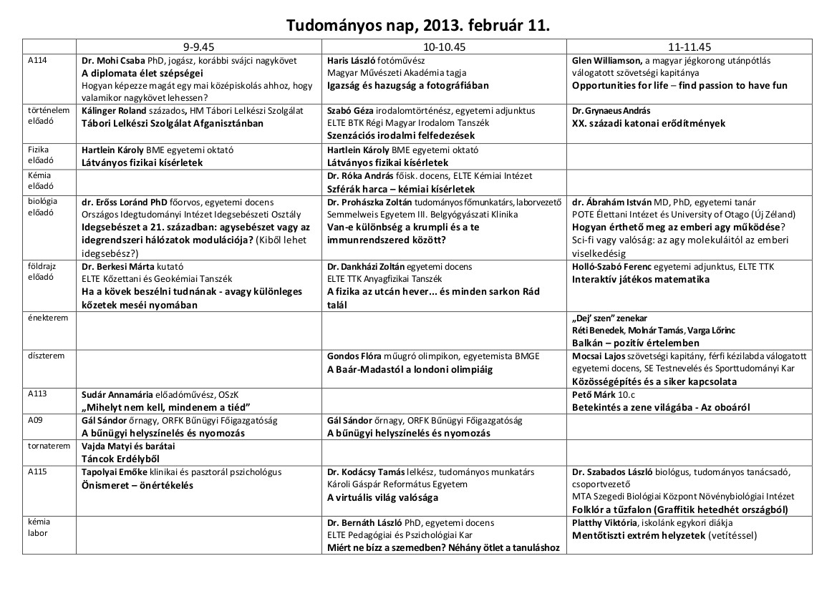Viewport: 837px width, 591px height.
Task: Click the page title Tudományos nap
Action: click(x=418, y=26)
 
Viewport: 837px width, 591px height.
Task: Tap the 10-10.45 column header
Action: click(x=444, y=47)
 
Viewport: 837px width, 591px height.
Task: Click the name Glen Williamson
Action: click(x=606, y=61)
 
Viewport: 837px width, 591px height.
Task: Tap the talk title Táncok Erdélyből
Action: click(x=120, y=459)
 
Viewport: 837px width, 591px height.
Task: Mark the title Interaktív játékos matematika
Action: click(x=641, y=279)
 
